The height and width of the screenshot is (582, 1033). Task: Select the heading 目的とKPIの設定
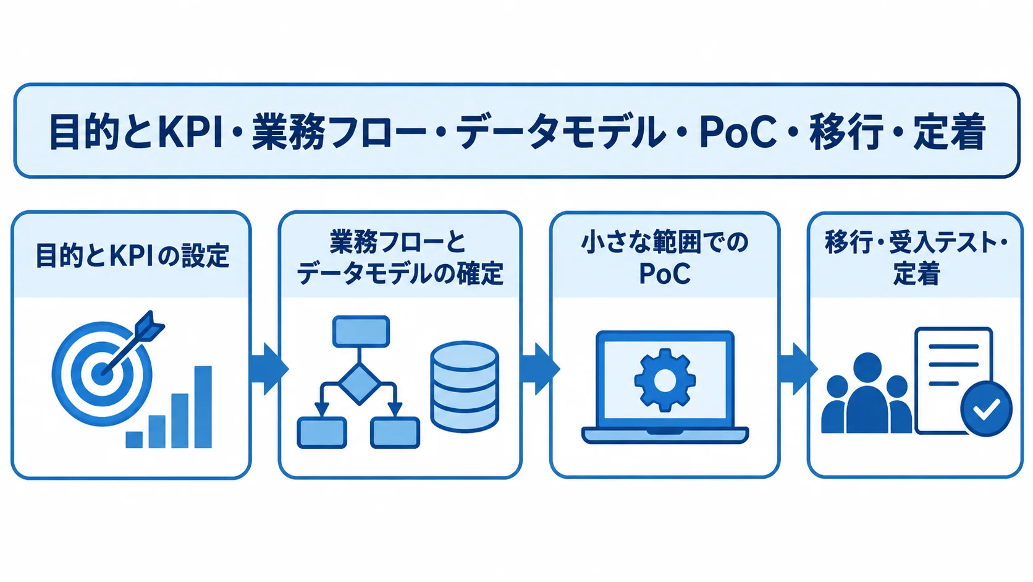click(132, 255)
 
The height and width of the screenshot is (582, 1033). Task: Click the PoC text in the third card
click(665, 273)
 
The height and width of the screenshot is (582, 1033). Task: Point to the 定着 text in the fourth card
click(916, 273)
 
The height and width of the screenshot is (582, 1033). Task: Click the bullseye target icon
click(102, 373)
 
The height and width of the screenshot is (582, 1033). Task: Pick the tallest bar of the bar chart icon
click(203, 406)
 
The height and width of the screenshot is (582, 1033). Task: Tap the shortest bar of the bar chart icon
click(134, 439)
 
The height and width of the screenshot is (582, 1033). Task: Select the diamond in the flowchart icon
click(359, 383)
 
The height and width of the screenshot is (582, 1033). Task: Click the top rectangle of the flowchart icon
click(361, 332)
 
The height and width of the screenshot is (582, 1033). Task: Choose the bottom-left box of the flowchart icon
click(322, 432)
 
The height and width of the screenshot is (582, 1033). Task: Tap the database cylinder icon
click(465, 387)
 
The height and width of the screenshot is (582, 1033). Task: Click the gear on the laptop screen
click(665, 380)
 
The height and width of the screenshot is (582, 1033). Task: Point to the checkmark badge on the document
click(986, 408)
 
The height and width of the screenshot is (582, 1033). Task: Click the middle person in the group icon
click(867, 394)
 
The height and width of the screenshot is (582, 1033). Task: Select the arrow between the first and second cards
click(269, 369)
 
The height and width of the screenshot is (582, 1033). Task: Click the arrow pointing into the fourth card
click(798, 369)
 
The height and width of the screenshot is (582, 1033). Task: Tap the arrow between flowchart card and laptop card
click(540, 369)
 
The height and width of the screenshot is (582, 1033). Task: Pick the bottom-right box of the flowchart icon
click(395, 432)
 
